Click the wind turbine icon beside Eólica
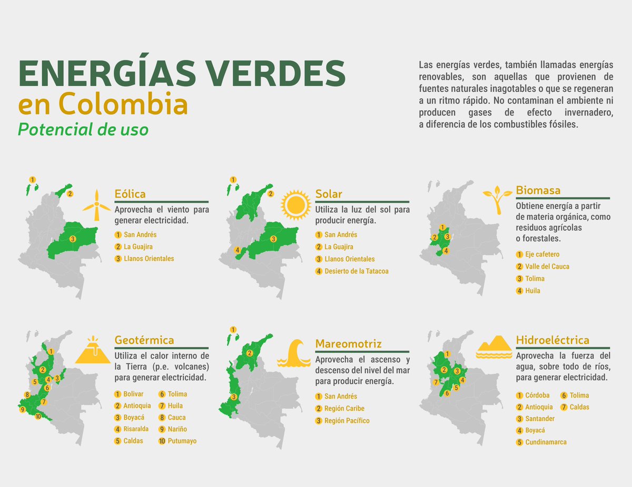pos(96,205)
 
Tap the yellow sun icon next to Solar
pos(296,205)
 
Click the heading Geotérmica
pos(144,340)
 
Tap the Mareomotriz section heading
pos(348,344)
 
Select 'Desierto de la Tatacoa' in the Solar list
pos(356,271)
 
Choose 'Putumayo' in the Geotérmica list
pos(182,441)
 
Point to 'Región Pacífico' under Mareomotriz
pos(347,421)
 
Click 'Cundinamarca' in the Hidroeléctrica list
pos(546,442)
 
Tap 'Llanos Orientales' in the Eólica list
pos(149,259)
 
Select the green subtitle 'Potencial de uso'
pos(83,129)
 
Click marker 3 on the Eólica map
pos(73,239)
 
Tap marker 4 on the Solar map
pos(238,250)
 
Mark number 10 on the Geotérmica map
pos(38,416)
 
